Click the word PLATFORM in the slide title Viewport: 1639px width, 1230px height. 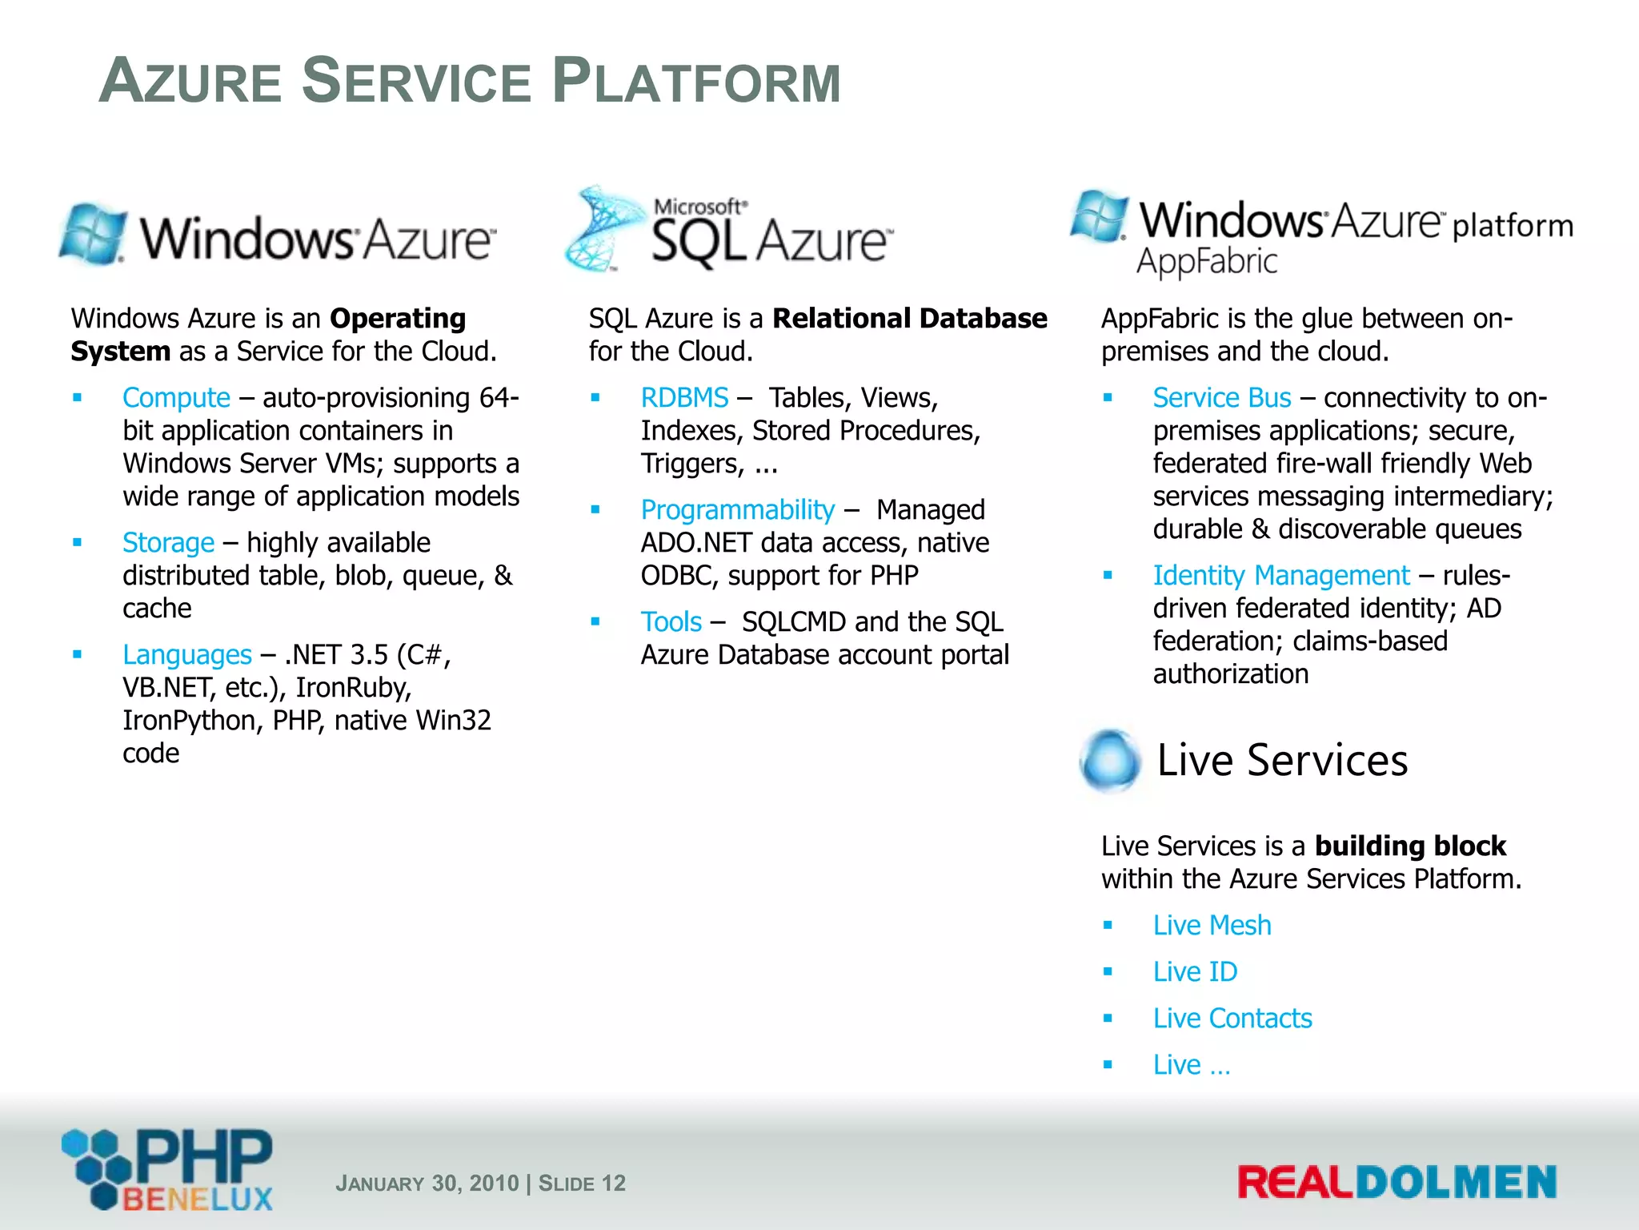tap(696, 82)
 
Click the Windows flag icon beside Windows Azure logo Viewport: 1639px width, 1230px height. tap(94, 235)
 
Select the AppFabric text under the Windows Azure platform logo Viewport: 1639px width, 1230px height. tap(1207, 262)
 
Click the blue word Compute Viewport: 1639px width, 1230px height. tap(176, 398)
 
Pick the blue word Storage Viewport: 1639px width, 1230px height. tap(168, 543)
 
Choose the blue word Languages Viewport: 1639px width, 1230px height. tap(186, 655)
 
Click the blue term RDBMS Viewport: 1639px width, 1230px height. tap(684, 398)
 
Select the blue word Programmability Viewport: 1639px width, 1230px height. tap(737, 510)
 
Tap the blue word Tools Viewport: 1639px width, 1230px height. tap(671, 622)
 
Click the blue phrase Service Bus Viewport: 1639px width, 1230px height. tap(1221, 398)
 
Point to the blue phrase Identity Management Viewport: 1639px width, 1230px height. tap(1280, 576)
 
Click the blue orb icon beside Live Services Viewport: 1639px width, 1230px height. tap(1109, 760)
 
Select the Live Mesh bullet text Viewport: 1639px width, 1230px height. tap(1211, 926)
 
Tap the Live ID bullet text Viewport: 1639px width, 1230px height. tap(1194, 972)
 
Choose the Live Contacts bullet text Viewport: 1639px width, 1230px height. tap(1232, 1019)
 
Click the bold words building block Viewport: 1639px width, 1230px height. tap(1409, 846)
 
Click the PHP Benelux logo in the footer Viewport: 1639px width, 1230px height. tap(168, 1170)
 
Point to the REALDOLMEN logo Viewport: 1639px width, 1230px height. tap(1397, 1183)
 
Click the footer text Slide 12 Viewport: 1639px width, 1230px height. tap(582, 1184)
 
